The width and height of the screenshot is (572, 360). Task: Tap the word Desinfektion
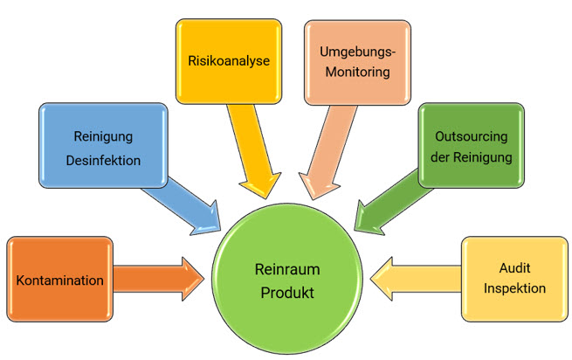[102, 161]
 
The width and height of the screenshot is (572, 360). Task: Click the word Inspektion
[513, 288]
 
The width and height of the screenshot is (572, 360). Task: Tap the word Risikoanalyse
[228, 62]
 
